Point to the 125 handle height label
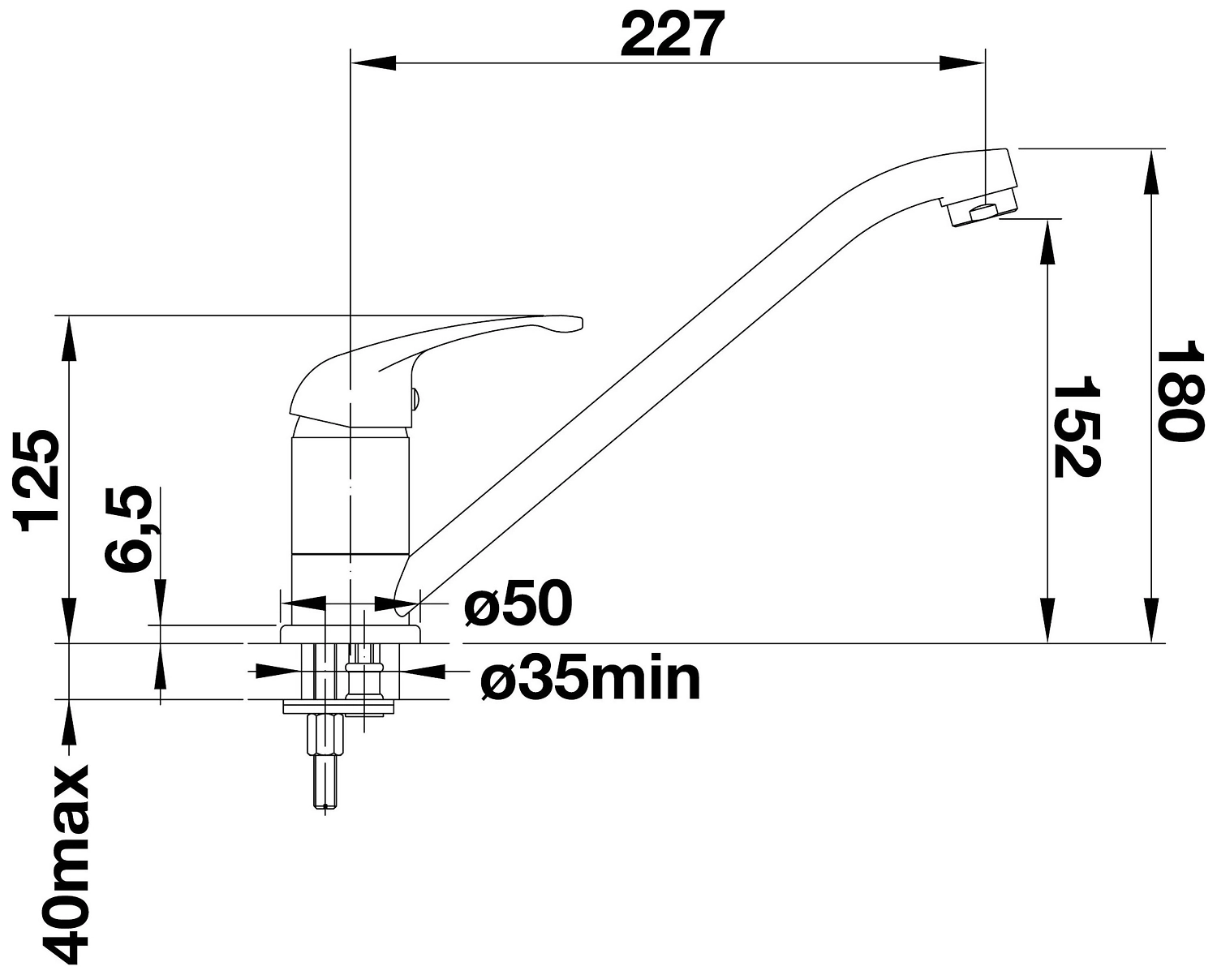click(x=39, y=481)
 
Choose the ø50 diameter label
click(x=518, y=605)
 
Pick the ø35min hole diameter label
click(x=590, y=680)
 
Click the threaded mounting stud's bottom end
click(x=324, y=805)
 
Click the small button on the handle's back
click(x=415, y=397)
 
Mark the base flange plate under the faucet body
click(x=349, y=634)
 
